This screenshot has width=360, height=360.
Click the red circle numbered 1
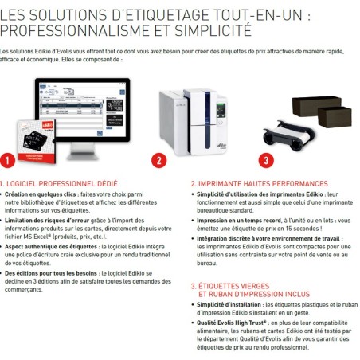7,160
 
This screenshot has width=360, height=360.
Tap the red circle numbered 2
158,160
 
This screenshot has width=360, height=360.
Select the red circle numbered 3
267,159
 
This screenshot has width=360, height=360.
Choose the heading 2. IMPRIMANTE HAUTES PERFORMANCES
259,183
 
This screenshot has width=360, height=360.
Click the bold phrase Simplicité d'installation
232,306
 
